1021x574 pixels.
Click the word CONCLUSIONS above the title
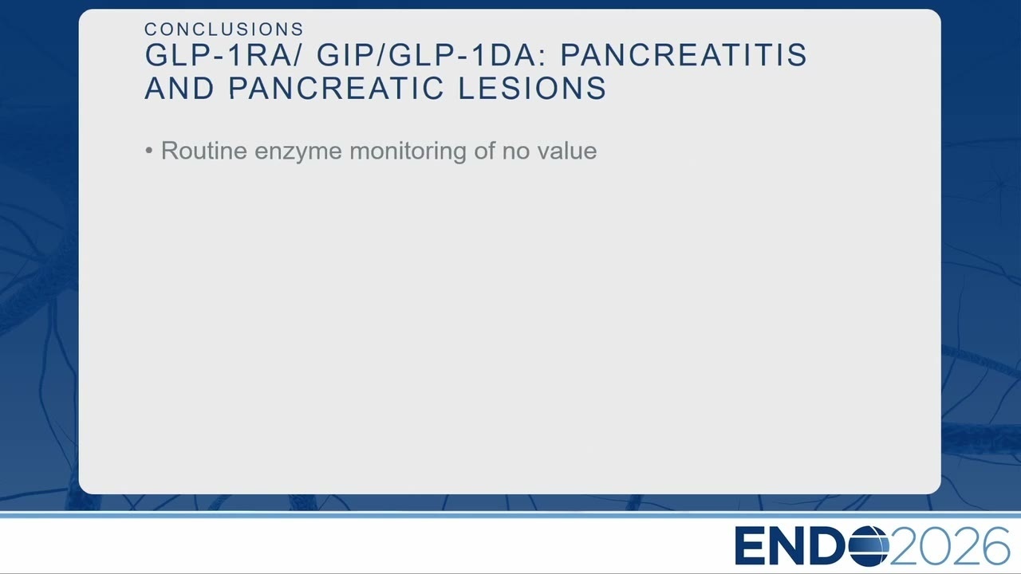click(x=224, y=29)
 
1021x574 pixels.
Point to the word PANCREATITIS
click(x=684, y=55)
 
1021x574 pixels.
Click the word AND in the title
click(x=179, y=88)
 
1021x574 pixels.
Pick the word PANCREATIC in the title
click(x=336, y=88)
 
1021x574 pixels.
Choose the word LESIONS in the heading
click(x=532, y=88)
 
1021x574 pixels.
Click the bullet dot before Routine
click(x=148, y=150)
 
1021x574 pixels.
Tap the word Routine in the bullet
click(x=204, y=151)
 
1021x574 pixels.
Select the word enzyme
click(x=298, y=151)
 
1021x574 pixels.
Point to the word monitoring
click(x=408, y=151)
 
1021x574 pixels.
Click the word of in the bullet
click(x=484, y=151)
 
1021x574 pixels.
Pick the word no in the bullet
click(x=516, y=152)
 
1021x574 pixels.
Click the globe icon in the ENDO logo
click(x=869, y=546)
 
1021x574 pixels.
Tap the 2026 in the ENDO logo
click(x=949, y=546)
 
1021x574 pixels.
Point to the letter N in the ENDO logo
click(x=786, y=546)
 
